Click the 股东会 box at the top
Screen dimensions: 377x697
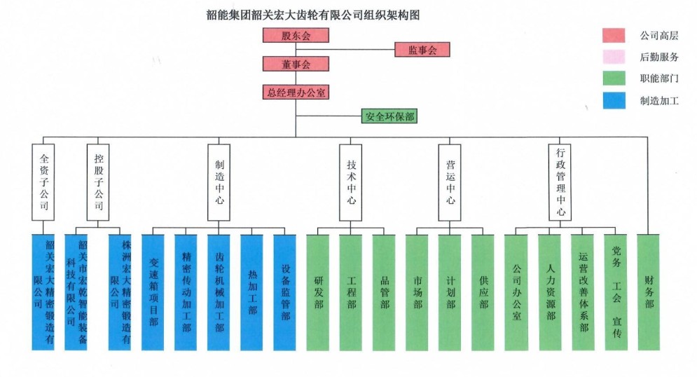coord(295,35)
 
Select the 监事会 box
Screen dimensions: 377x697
coord(421,50)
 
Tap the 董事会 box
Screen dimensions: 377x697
coord(295,64)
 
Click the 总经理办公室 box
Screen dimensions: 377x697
coord(295,92)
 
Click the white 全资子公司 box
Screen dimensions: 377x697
coord(43,182)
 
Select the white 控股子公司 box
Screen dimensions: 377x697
coord(98,182)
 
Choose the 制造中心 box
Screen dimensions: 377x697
coord(219,182)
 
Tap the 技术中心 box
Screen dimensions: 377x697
coord(351,182)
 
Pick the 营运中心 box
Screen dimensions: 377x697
coord(450,182)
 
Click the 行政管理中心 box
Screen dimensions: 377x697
coord(560,182)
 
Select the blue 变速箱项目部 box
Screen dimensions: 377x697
coord(153,292)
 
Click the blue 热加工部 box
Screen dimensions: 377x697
coord(251,292)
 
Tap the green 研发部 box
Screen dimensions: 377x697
coord(318,292)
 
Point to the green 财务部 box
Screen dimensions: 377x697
coord(649,292)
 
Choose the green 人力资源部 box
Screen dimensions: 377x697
coord(550,292)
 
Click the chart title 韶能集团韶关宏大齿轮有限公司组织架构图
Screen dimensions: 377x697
coord(317,13)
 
